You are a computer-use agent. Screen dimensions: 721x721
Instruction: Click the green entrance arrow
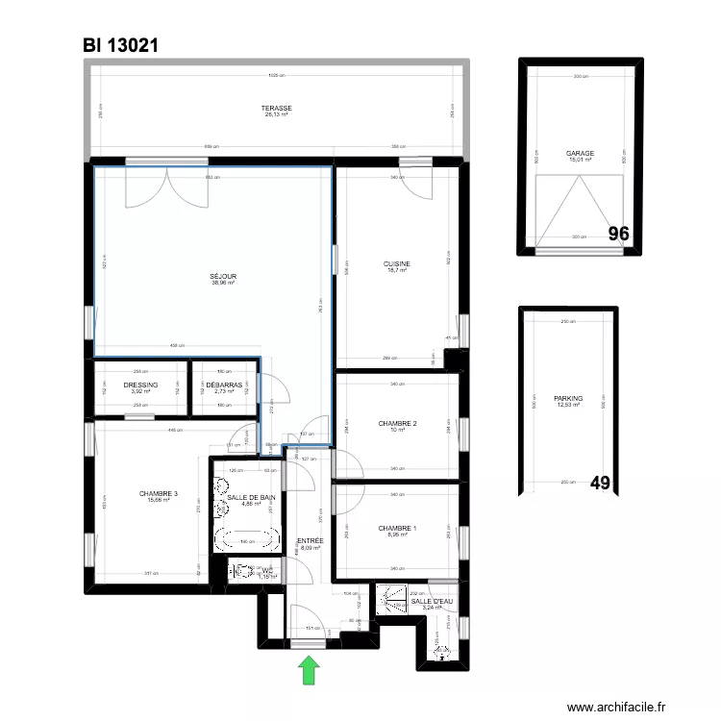[x=310, y=669]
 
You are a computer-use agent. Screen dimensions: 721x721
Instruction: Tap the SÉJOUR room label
[x=223, y=277]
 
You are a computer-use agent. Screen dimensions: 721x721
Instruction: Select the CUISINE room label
[x=397, y=264]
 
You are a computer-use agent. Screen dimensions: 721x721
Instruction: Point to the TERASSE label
[x=278, y=109]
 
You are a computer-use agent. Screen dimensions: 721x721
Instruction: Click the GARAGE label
[x=580, y=153]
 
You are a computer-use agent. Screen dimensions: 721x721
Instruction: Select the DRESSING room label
[x=141, y=385]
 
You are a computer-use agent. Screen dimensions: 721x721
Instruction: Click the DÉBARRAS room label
[x=223, y=385]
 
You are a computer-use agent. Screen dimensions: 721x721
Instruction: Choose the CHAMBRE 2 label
[x=397, y=424]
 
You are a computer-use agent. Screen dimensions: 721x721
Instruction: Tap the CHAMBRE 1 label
[x=397, y=529]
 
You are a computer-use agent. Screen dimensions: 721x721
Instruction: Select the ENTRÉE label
[x=310, y=541]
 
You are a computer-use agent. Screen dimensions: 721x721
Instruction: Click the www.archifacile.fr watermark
[x=622, y=707]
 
